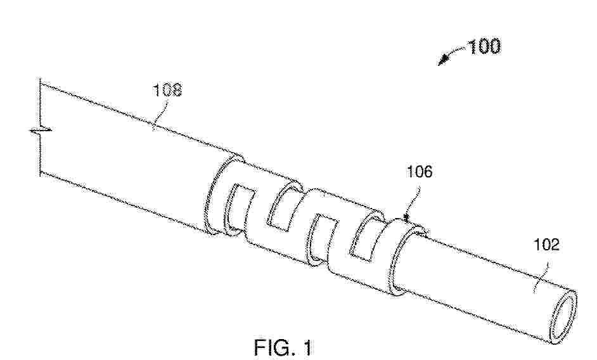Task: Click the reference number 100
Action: pyautogui.click(x=484, y=46)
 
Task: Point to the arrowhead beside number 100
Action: pyautogui.click(x=442, y=60)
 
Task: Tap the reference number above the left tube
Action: pyautogui.click(x=167, y=90)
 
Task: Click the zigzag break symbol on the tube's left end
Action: pyautogui.click(x=41, y=131)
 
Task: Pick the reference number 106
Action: pyautogui.click(x=420, y=172)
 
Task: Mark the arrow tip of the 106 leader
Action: pyautogui.click(x=406, y=219)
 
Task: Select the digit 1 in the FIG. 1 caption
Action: pyautogui.click(x=307, y=347)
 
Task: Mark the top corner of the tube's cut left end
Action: pyautogui.click(x=41, y=83)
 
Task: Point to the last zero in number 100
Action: pyautogui.click(x=494, y=46)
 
